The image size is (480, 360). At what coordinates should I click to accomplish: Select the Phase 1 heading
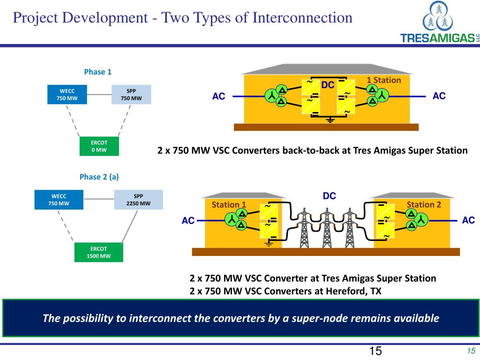pos(97,72)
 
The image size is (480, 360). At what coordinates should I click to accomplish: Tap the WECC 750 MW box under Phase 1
pos(67,95)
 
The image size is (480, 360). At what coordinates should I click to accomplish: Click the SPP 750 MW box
pos(131,95)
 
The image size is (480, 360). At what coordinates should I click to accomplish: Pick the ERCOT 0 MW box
pos(99,146)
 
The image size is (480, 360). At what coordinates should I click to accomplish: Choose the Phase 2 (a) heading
pos(99,177)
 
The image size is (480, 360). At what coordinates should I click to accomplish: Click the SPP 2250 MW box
pos(138,200)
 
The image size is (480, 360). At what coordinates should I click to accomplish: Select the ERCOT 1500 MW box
pos(98,252)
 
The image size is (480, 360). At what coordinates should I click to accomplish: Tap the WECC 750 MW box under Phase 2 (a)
pos(59,200)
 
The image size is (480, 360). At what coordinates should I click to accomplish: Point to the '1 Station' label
pos(384,80)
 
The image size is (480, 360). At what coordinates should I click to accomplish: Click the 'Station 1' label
pos(229,204)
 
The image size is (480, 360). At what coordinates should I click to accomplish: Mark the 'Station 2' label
pos(424,204)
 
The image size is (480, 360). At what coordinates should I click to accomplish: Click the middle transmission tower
pos(327,228)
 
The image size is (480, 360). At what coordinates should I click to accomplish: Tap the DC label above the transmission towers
pos(330,196)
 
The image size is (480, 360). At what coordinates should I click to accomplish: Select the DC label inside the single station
pos(328,85)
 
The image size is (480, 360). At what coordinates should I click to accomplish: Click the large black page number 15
pos(375,351)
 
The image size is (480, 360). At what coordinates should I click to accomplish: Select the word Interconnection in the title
pos(302,18)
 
